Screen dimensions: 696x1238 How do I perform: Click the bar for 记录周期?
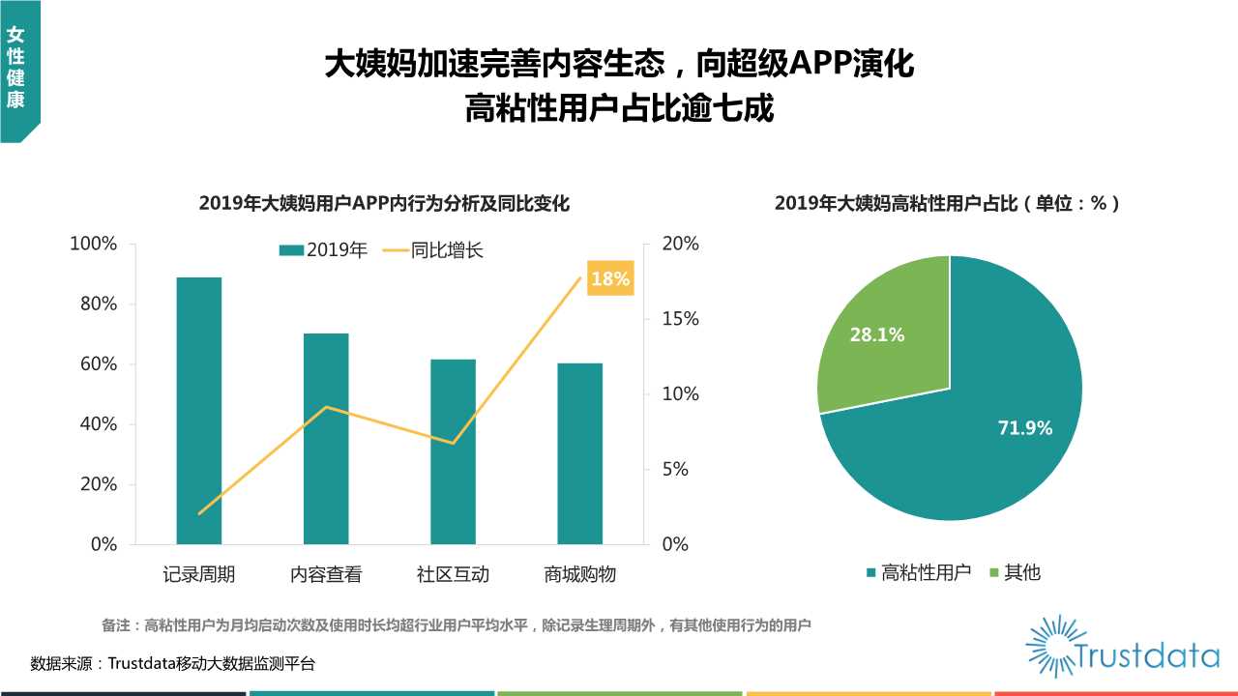(x=198, y=411)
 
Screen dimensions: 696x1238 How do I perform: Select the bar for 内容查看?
(x=326, y=439)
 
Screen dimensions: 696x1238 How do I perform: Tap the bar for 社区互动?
(x=453, y=451)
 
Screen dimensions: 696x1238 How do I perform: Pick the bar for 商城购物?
(x=579, y=453)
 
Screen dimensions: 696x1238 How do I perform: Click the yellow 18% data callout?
(x=610, y=278)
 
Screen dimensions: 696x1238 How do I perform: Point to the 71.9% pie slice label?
(x=1024, y=427)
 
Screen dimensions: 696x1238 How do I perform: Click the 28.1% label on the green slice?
(x=877, y=334)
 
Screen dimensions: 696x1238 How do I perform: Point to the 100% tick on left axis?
(x=94, y=244)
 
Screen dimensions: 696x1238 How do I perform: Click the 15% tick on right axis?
(x=680, y=319)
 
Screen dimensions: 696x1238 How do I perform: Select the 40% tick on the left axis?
(x=98, y=424)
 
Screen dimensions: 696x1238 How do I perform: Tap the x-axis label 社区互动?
(x=453, y=574)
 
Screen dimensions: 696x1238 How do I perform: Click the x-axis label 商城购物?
(x=579, y=574)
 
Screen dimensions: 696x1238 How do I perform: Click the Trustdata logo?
(x=1122, y=647)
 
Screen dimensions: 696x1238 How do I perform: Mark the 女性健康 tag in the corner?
(x=15, y=68)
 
